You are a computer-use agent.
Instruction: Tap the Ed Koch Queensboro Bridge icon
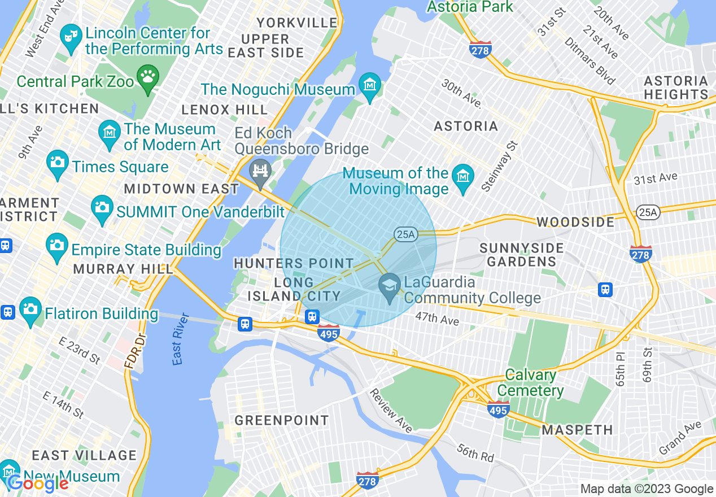pyautogui.click(x=260, y=171)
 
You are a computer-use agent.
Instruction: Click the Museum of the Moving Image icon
pyautogui.click(x=463, y=180)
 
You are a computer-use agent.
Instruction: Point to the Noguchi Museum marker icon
pyautogui.click(x=370, y=87)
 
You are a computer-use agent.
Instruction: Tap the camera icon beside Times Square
pyautogui.click(x=58, y=163)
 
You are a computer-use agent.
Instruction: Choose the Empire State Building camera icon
pyautogui.click(x=56, y=246)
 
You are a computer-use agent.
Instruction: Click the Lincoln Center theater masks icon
pyautogui.click(x=71, y=38)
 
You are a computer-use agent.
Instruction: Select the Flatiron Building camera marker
pyautogui.click(x=30, y=310)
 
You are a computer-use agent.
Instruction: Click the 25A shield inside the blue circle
pyautogui.click(x=405, y=234)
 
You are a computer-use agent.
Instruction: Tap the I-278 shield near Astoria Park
pyautogui.click(x=480, y=50)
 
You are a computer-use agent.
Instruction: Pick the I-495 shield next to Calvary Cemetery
pyautogui.click(x=498, y=409)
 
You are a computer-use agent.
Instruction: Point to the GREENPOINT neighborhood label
pyautogui.click(x=281, y=420)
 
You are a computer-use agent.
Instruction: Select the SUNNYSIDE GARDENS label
pyautogui.click(x=521, y=255)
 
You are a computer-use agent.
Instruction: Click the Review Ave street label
pyautogui.click(x=391, y=411)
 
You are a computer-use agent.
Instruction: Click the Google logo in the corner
pyautogui.click(x=38, y=483)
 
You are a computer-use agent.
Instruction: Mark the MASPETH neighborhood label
pyautogui.click(x=577, y=430)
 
